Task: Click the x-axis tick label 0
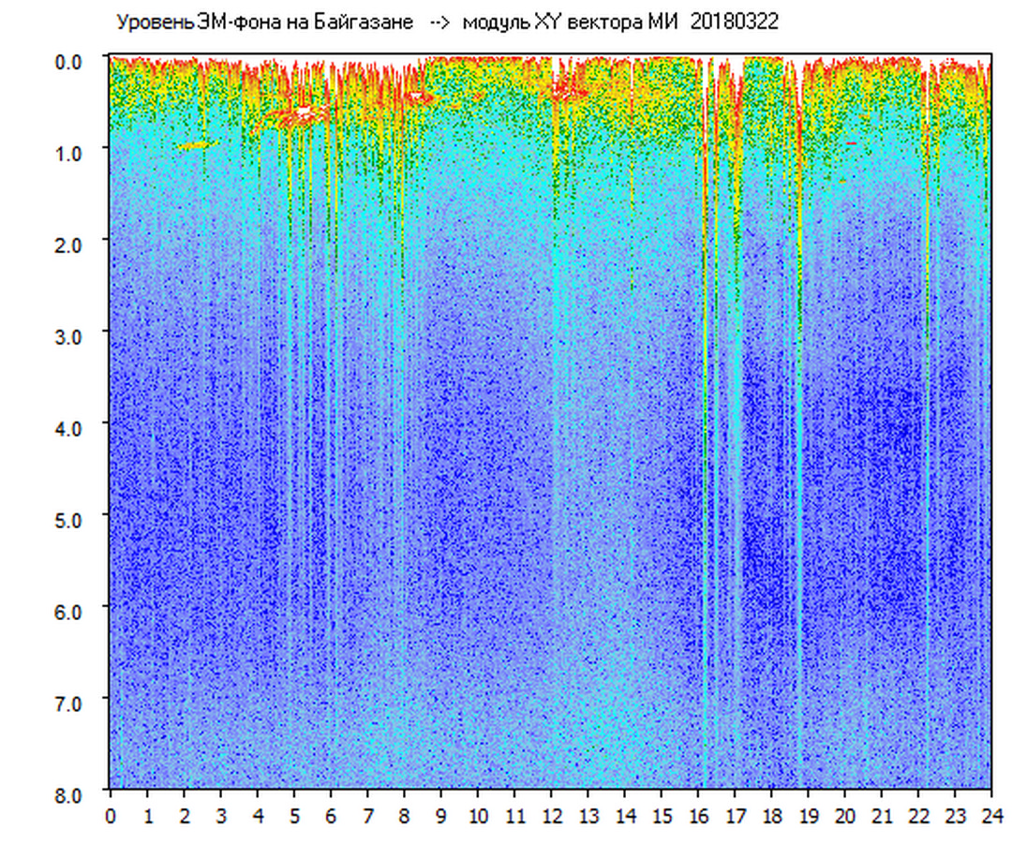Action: [111, 816]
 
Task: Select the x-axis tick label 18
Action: [771, 816]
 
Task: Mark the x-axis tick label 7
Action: [367, 816]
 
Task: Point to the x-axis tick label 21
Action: [881, 816]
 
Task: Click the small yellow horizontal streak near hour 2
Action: [194, 145]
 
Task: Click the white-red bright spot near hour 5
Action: [303, 113]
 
